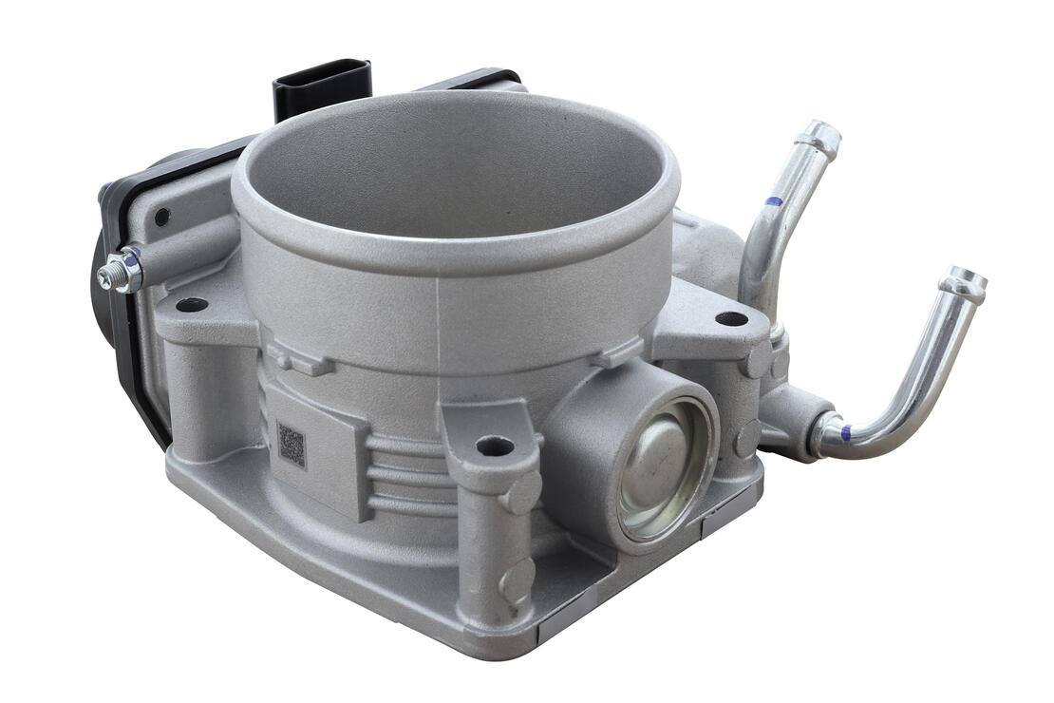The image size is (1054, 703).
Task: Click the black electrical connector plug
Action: click(321, 86)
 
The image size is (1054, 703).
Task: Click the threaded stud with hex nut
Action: click(121, 271)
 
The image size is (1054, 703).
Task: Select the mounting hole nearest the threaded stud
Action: click(192, 305)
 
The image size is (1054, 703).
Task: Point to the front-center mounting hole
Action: click(494, 445)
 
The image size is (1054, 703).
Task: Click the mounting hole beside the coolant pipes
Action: click(731, 318)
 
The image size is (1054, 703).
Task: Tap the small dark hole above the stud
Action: click(161, 218)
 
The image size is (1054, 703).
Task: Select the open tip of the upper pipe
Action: click(819, 138)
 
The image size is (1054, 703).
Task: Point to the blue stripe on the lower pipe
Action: click(845, 432)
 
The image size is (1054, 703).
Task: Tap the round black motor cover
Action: click(103, 285)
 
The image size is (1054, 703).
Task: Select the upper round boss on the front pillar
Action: click(521, 494)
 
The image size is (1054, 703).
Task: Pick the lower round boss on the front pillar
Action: click(518, 579)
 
